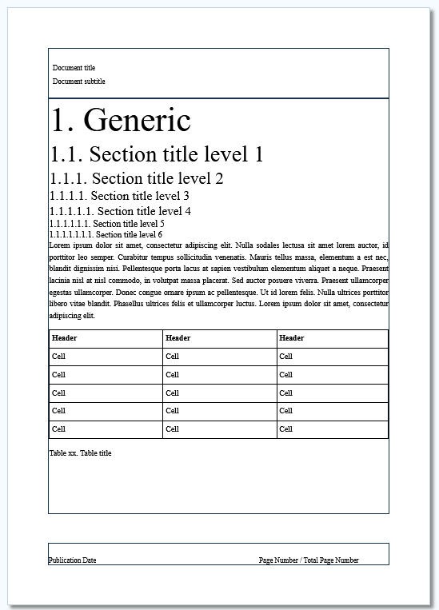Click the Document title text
[x=74, y=68]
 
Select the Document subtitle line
[x=78, y=82]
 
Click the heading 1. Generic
[x=121, y=120]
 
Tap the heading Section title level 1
[x=157, y=154]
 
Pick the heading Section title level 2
[x=136, y=178]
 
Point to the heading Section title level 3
[x=119, y=196]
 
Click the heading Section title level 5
[x=106, y=224]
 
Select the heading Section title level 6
[x=106, y=235]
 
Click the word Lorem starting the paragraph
[x=59, y=245]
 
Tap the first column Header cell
[x=65, y=338]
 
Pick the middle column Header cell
[x=178, y=338]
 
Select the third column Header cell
[x=292, y=338]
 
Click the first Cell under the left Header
[x=58, y=357]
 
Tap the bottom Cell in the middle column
[x=172, y=429]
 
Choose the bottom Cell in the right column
[x=285, y=429]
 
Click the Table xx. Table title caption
[x=80, y=453]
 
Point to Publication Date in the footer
[x=72, y=560]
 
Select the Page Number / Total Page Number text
[x=309, y=560]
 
